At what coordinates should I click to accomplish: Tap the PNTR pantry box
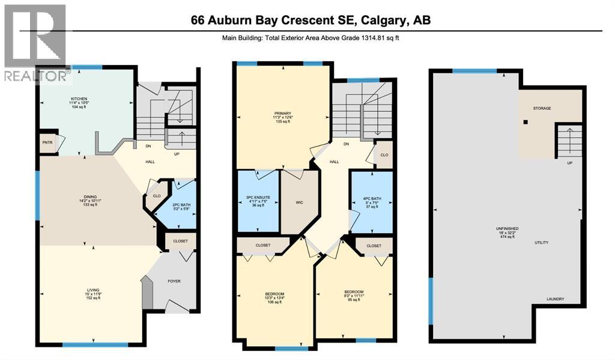point(47,144)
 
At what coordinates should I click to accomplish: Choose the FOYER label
point(174,281)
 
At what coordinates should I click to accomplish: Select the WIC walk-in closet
point(298,203)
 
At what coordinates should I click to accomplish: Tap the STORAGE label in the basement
point(542,108)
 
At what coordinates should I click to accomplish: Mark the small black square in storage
point(526,122)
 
